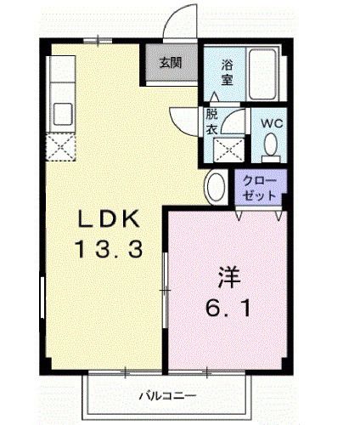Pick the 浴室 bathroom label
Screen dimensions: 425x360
click(x=228, y=72)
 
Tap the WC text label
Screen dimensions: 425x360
click(x=269, y=122)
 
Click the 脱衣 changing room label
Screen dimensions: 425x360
click(x=211, y=122)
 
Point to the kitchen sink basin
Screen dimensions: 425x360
click(x=63, y=112)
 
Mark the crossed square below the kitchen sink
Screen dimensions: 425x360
click(x=62, y=148)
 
